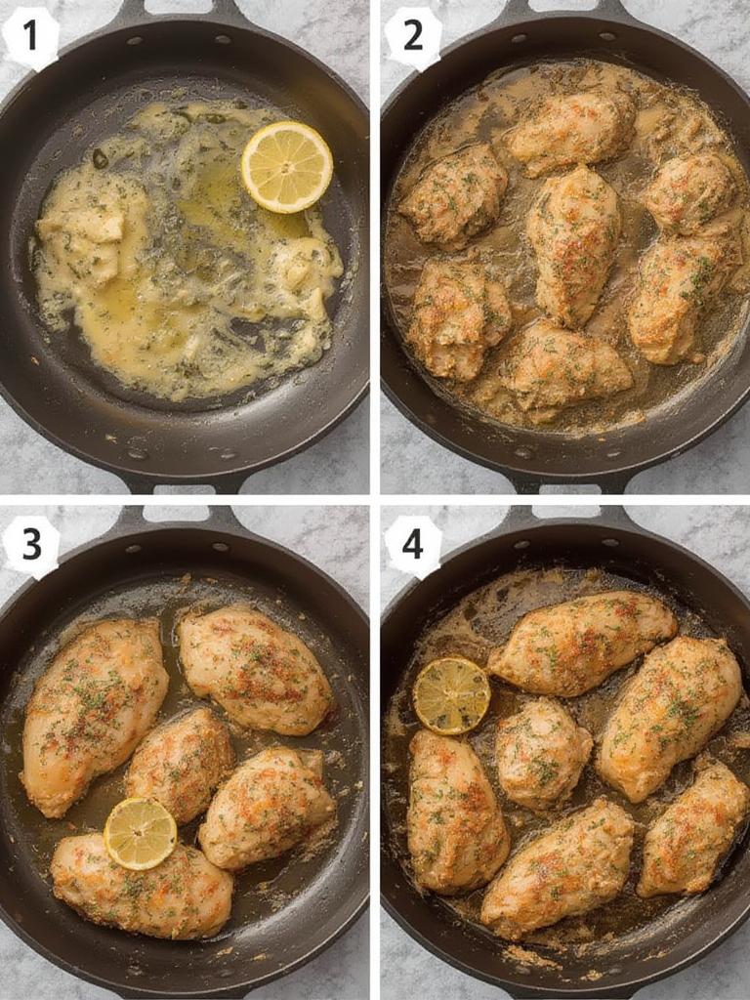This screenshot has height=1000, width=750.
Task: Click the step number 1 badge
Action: pyautogui.click(x=30, y=36)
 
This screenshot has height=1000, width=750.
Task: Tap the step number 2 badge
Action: pyautogui.click(x=413, y=36)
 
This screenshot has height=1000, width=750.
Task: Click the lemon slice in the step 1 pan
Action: pyautogui.click(x=286, y=166)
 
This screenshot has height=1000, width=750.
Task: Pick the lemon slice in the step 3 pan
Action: pyautogui.click(x=141, y=833)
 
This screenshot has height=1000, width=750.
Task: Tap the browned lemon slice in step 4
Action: pyautogui.click(x=451, y=695)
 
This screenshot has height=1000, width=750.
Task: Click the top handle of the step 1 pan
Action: pyautogui.click(x=176, y=13)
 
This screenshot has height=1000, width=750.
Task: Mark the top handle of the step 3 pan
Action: pyautogui.click(x=176, y=517)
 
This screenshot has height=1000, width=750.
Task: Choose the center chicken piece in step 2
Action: pyautogui.click(x=573, y=244)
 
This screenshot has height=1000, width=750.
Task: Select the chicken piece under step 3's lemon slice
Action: pyautogui.click(x=142, y=884)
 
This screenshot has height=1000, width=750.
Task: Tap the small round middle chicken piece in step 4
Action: pyautogui.click(x=542, y=752)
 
